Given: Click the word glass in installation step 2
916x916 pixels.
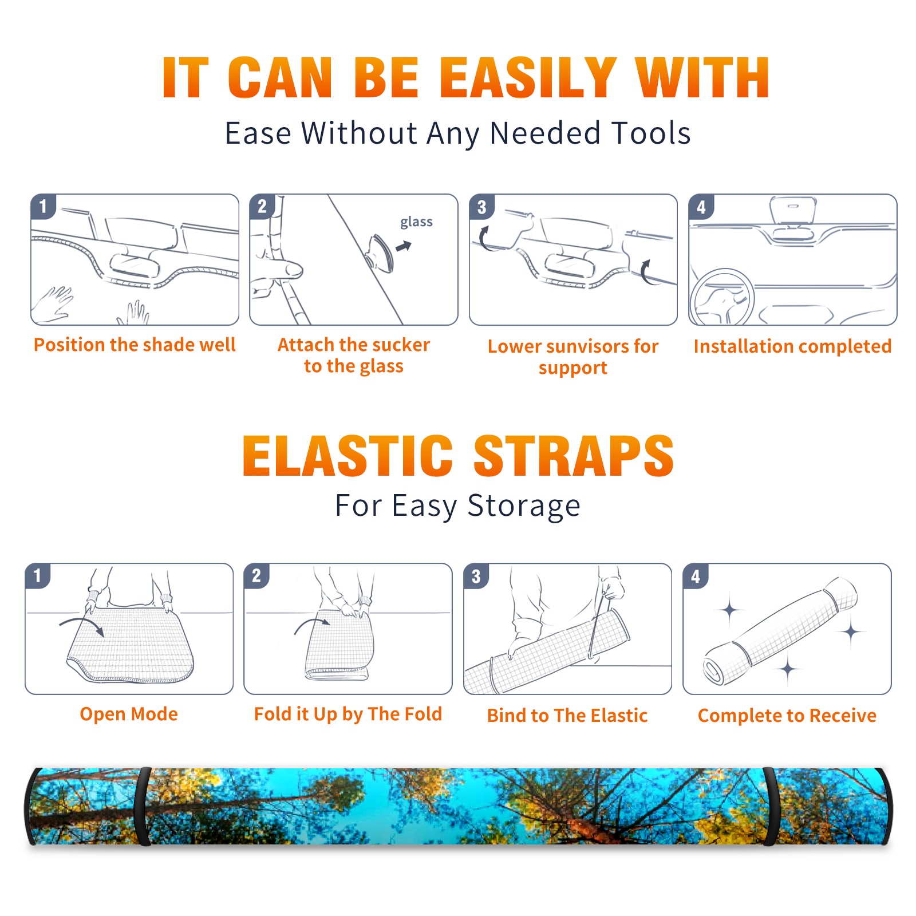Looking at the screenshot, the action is pyautogui.click(x=416, y=222).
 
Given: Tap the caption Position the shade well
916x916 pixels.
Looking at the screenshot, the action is pyautogui.click(x=135, y=345).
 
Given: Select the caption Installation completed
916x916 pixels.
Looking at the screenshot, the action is pyautogui.click(x=792, y=346).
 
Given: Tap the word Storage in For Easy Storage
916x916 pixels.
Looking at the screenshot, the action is pyautogui.click(x=524, y=506).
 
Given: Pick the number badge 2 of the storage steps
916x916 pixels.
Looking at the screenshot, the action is pyautogui.click(x=256, y=576).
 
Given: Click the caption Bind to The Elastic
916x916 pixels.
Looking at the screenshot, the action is pyautogui.click(x=567, y=715).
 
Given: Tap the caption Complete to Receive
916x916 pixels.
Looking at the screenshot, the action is pyautogui.click(x=787, y=716).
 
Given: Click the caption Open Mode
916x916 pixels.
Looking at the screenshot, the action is pyautogui.click(x=129, y=714).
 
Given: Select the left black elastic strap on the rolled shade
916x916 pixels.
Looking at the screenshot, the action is pyautogui.click(x=143, y=806).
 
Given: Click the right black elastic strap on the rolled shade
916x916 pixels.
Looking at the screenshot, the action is pyautogui.click(x=771, y=806).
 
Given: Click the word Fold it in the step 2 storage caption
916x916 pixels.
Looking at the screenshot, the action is pyautogui.click(x=281, y=714).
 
